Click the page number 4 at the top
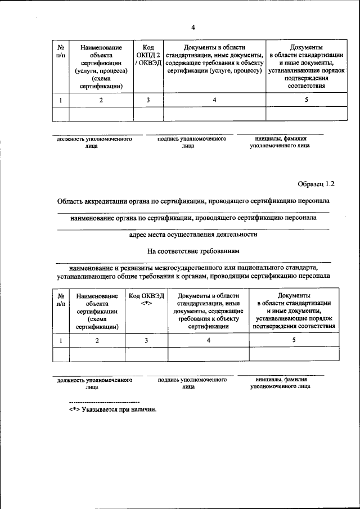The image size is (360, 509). (x=193, y=27)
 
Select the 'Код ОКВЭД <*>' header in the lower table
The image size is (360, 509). (x=146, y=300)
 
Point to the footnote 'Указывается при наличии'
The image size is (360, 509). (x=112, y=409)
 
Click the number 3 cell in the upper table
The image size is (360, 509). (x=148, y=100)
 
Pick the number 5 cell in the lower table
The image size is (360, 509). (x=294, y=340)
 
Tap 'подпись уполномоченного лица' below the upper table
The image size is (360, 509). (x=188, y=142)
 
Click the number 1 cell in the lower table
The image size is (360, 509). (x=60, y=340)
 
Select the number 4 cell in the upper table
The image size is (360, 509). (x=214, y=100)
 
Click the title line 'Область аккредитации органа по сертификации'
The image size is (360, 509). (x=193, y=201)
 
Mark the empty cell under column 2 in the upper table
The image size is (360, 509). (x=101, y=114)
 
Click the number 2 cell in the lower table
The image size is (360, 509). (x=97, y=340)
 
